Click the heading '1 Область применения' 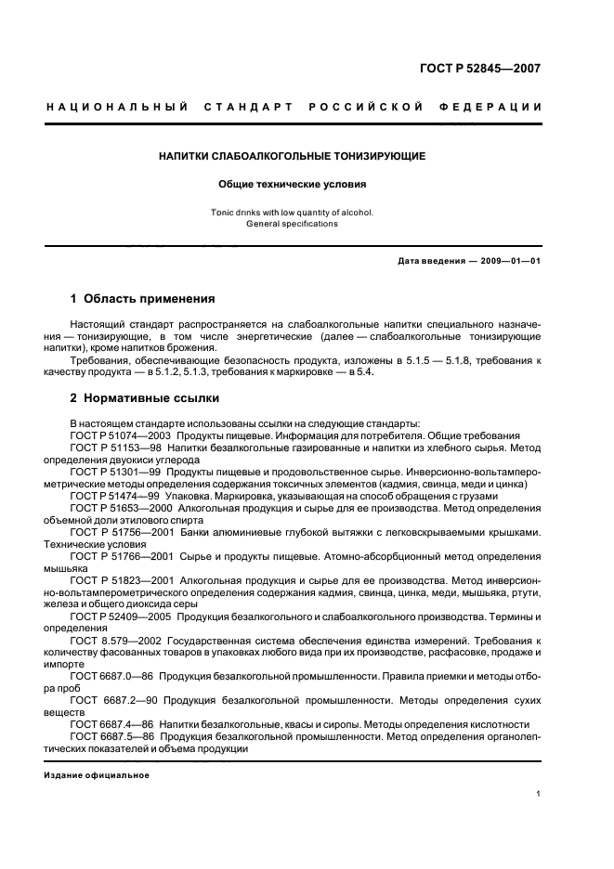(x=142, y=299)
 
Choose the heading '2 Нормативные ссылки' (x=145, y=398)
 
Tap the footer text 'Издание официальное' (x=96, y=775)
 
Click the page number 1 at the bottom (x=539, y=794)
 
